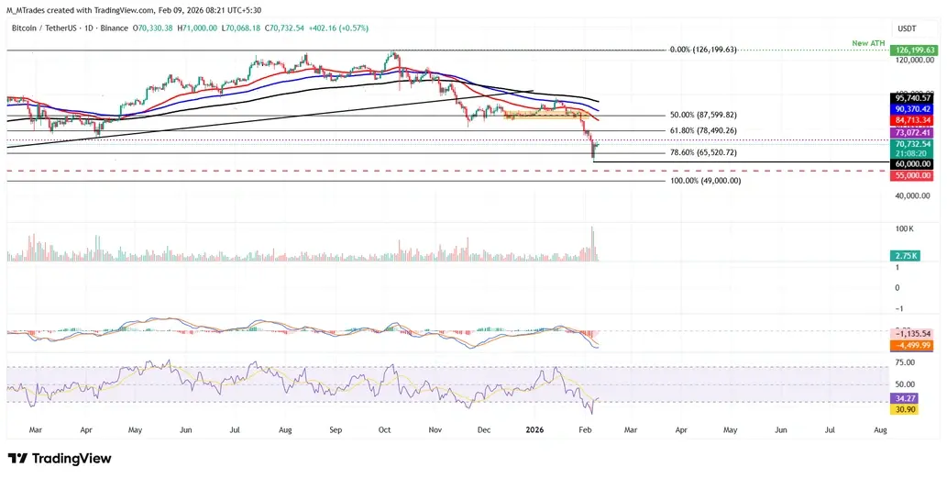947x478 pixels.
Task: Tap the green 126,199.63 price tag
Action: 914,50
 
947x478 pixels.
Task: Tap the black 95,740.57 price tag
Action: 914,98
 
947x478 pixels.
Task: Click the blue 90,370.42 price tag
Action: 914,108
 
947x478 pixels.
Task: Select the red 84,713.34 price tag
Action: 914,119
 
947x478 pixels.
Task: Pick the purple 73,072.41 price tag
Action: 914,133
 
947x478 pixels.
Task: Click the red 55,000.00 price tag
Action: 914,174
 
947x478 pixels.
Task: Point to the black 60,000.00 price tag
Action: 914,163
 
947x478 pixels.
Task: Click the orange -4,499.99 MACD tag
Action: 914,345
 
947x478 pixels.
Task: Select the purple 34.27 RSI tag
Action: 907,398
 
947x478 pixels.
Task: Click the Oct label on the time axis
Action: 385,428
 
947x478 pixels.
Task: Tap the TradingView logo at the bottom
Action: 60,459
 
